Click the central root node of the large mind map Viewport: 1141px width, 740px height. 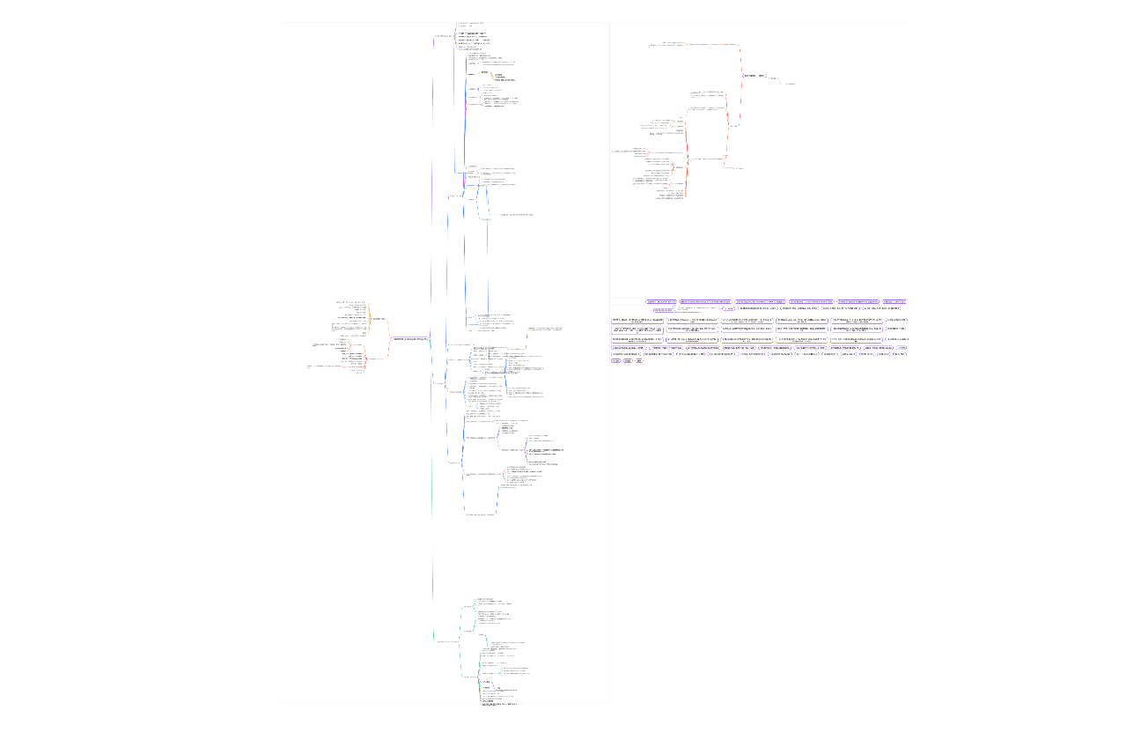(x=409, y=338)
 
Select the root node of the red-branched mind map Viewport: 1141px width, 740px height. (x=754, y=76)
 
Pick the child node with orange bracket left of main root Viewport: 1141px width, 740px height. (x=379, y=318)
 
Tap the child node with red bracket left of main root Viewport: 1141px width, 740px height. (x=374, y=359)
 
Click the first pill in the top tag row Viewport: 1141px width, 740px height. (x=661, y=301)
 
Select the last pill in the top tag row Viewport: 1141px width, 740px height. (x=894, y=301)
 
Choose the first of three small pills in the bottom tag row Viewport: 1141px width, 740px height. (x=615, y=360)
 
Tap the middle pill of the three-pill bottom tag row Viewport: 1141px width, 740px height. (x=628, y=360)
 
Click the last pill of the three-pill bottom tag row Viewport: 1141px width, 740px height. (x=639, y=360)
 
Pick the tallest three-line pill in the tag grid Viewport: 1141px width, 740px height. (x=638, y=329)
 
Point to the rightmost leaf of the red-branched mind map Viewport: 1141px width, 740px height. (x=791, y=84)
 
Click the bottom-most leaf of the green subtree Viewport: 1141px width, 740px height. (x=498, y=706)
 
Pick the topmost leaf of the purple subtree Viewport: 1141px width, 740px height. (x=470, y=23)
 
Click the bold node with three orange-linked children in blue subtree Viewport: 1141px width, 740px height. (x=472, y=74)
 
